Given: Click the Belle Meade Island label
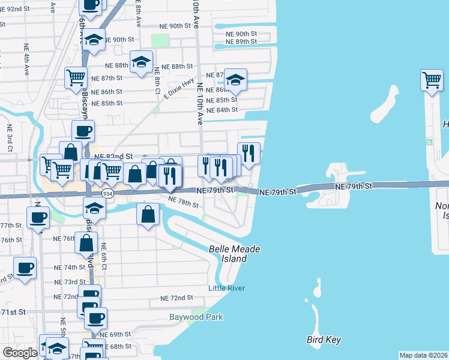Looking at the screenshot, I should pyautogui.click(x=228, y=254).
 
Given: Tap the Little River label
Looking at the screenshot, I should pyautogui.click(x=226, y=288).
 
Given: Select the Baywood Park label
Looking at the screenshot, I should pyautogui.click(x=196, y=316).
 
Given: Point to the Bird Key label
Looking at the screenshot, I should pyautogui.click(x=324, y=340).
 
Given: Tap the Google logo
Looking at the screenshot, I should pyautogui.click(x=20, y=353).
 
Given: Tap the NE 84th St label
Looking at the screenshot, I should pyautogui.click(x=221, y=110).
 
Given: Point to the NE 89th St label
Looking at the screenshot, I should pyautogui.click(x=241, y=41).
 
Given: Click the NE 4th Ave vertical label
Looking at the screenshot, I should pyautogui.click(x=26, y=59).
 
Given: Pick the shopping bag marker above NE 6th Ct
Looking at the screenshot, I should pyautogui.click(x=87, y=243).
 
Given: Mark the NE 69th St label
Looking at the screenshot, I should pyautogui.click(x=112, y=334).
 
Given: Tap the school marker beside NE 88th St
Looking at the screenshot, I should pyautogui.click(x=141, y=62).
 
